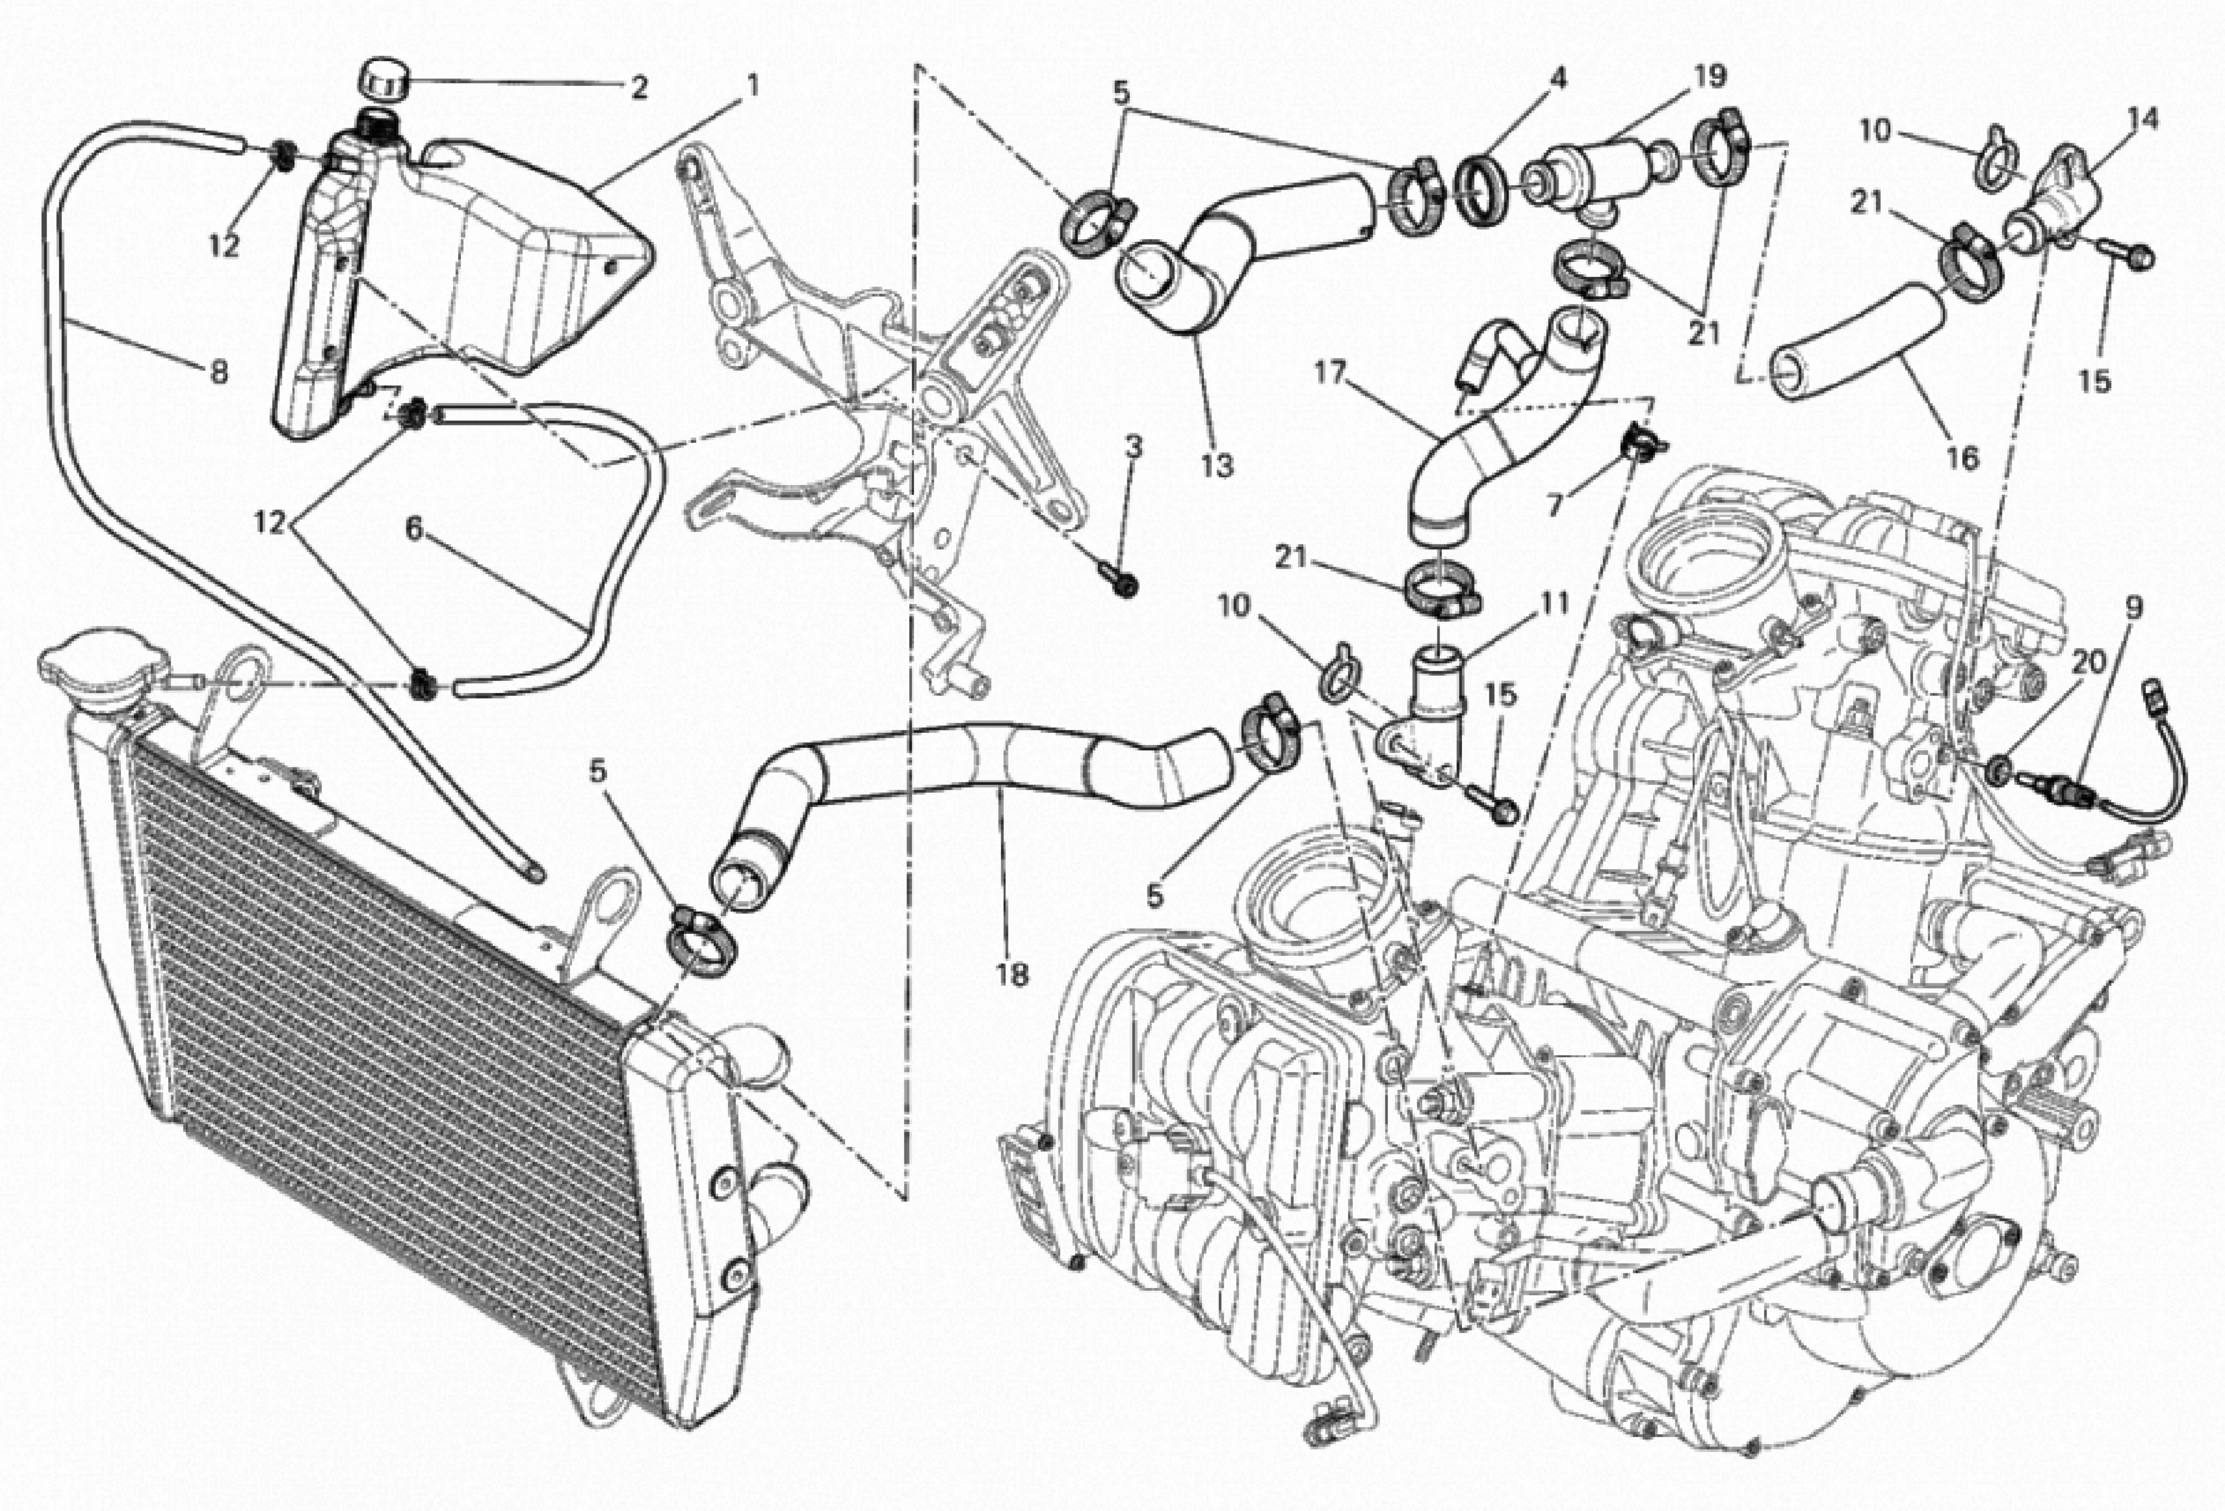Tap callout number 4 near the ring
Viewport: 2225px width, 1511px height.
click(1559, 78)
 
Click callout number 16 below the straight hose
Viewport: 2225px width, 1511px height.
click(1962, 459)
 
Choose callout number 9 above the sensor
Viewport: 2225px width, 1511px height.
click(2134, 607)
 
